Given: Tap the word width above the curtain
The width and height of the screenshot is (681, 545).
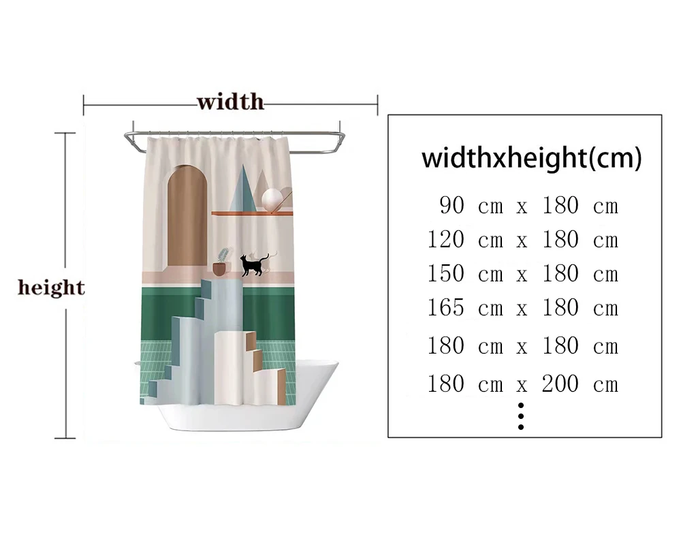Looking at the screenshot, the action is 230,103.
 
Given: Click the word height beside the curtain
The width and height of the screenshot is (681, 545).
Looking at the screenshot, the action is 51,287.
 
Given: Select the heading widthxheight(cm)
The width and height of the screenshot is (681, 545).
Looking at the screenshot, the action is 531,158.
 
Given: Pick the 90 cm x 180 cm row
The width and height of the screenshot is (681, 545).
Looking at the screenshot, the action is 528,205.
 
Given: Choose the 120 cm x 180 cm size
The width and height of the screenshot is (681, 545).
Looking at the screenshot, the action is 522,240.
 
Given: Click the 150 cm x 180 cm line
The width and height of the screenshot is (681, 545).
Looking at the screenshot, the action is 522,274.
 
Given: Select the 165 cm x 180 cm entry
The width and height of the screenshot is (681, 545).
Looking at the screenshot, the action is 522,308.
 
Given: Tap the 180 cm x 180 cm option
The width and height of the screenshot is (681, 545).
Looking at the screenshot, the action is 522,346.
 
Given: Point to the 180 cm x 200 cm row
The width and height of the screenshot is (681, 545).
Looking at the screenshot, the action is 522,384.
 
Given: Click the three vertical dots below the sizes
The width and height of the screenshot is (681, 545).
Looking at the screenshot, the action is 521,416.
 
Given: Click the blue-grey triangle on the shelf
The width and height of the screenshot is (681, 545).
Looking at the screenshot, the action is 244,191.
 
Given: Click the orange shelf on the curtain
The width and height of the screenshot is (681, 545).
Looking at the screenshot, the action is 251,213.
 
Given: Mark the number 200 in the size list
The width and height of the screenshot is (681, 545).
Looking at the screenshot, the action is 560,384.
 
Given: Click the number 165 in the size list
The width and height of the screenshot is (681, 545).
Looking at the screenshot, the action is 445,308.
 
